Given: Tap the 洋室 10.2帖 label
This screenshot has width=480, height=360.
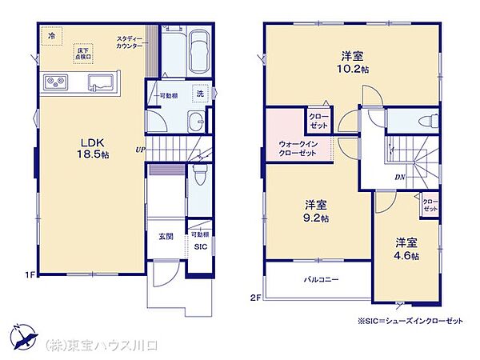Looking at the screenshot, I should point(353,62).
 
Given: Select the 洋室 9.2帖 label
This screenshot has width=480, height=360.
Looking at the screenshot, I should point(313,210).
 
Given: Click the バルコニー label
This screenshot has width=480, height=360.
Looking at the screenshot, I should point(318,281).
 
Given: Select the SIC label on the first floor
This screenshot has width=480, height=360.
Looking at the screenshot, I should point(200,247).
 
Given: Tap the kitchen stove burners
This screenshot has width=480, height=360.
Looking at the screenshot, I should point(56,81).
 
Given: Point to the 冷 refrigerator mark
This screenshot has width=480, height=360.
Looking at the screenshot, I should point(52,36).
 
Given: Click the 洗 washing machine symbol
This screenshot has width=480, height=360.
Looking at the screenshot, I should point(199,93).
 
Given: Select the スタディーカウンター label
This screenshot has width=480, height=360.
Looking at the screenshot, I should point(130,42).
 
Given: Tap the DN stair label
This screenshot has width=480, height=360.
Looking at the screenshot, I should point(399,178).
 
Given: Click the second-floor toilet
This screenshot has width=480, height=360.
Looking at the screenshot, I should point(426,122).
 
